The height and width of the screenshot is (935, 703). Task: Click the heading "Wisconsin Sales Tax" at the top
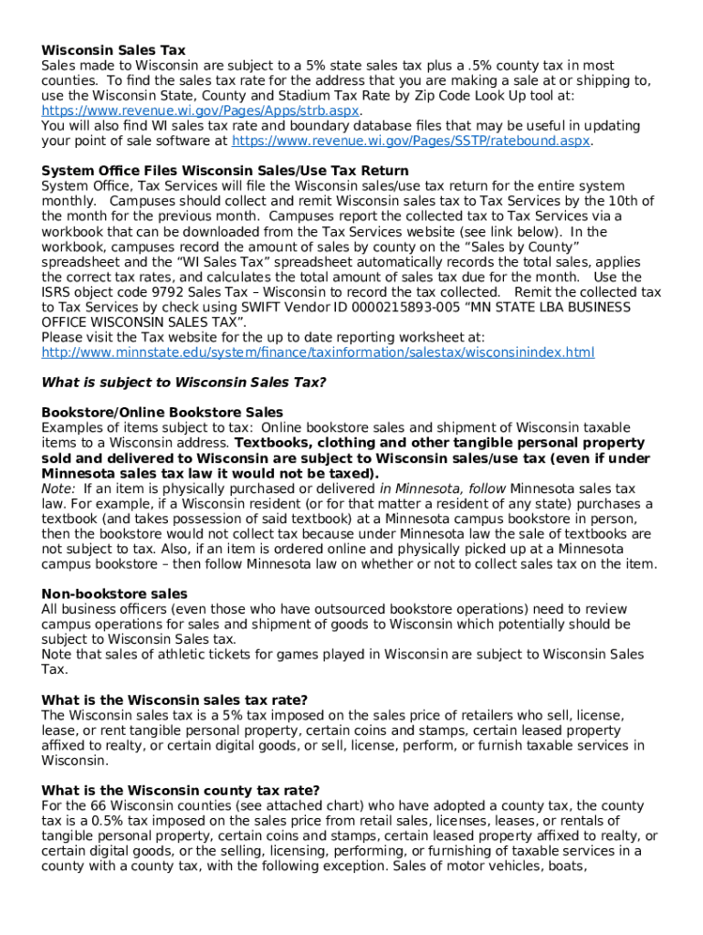pyautogui.click(x=113, y=50)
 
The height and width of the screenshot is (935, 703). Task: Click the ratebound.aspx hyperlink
pyautogui.click(x=412, y=141)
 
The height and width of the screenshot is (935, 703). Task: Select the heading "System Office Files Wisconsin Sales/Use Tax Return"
pyautogui.click(x=225, y=171)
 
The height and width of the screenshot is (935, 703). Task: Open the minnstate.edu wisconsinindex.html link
pyautogui.click(x=318, y=352)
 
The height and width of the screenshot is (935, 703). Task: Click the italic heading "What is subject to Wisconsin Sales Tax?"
pyautogui.click(x=184, y=383)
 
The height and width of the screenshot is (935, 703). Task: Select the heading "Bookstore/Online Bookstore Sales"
pyautogui.click(x=163, y=413)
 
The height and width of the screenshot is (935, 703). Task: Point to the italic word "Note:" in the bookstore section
pyautogui.click(x=58, y=489)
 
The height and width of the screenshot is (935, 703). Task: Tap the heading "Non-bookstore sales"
pyautogui.click(x=114, y=594)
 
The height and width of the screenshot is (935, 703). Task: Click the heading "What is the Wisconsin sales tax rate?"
pyautogui.click(x=174, y=700)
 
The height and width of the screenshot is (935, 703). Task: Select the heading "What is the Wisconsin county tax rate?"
pyautogui.click(x=181, y=790)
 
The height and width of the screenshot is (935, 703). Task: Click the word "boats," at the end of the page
pyautogui.click(x=566, y=866)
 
